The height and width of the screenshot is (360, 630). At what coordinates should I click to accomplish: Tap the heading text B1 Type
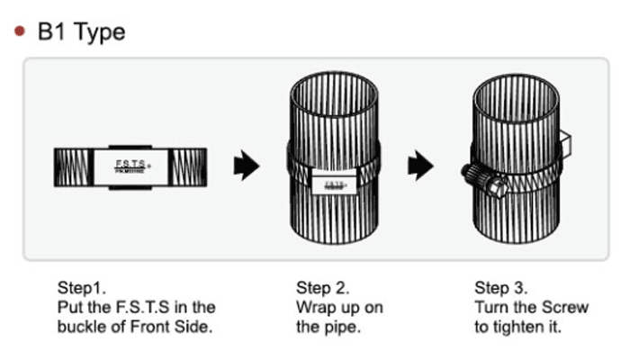pos(81,32)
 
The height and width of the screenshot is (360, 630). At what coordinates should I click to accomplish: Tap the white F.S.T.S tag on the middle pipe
pos(332,184)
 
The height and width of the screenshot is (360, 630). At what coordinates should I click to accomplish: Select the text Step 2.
pos(322,288)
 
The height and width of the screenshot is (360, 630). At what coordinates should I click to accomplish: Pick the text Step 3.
pos(500,288)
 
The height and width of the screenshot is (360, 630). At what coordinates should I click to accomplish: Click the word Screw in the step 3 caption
pos(567,308)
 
